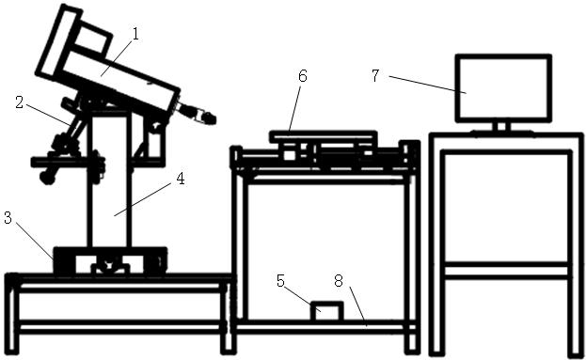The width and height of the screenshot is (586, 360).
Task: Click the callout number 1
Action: click(135, 35)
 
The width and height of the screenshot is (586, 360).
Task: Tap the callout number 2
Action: click(20, 102)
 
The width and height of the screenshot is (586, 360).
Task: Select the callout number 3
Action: click(8, 218)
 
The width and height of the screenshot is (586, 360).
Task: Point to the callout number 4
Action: click(181, 180)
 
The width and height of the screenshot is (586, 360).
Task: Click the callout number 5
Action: click(280, 281)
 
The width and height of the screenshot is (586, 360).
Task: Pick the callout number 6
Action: click(302, 76)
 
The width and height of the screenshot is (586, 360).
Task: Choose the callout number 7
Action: click(375, 76)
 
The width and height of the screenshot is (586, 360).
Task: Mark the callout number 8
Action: click(339, 281)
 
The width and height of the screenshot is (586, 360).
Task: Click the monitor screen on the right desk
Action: click(503, 88)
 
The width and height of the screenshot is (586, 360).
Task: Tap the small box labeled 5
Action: click(327, 311)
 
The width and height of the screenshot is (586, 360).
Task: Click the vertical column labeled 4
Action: click(109, 180)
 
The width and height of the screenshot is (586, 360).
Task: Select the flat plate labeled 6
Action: click(323, 136)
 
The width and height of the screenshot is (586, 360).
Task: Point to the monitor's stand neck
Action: click(501, 126)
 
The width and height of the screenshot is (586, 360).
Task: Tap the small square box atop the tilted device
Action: click(95, 37)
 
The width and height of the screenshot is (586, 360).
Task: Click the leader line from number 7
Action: click(427, 84)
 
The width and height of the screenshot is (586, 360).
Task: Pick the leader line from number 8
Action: click(357, 306)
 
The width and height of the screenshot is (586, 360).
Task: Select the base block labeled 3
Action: click(110, 261)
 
